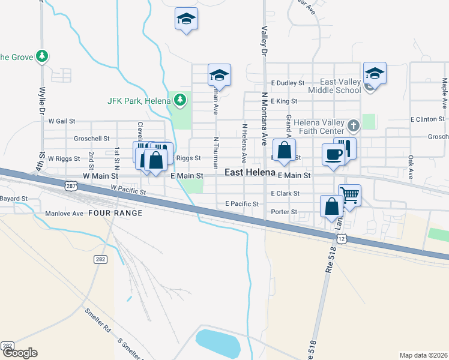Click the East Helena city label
(x=250, y=172)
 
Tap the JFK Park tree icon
(x=179, y=100)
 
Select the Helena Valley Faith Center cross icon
(x=354, y=125)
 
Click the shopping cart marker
(x=349, y=194)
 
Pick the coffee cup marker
(x=333, y=154)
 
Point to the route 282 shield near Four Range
(x=100, y=259)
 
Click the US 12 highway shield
(x=342, y=239)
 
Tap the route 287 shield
(x=71, y=187)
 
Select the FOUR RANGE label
(x=115, y=213)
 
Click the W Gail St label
(x=62, y=121)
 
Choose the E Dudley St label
(x=288, y=83)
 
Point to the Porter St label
(x=284, y=212)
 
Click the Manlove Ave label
(x=64, y=213)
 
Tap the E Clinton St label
(x=429, y=119)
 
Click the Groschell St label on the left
(x=91, y=138)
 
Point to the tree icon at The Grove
(x=41, y=57)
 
